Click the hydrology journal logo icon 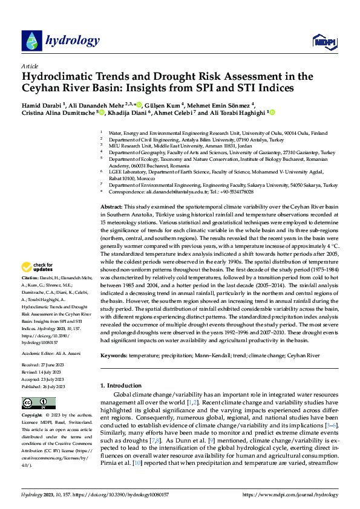point(31,41)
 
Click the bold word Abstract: point(111,156)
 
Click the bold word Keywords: point(113,357)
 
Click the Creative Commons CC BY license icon point(34,403)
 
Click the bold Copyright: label point(32,416)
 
